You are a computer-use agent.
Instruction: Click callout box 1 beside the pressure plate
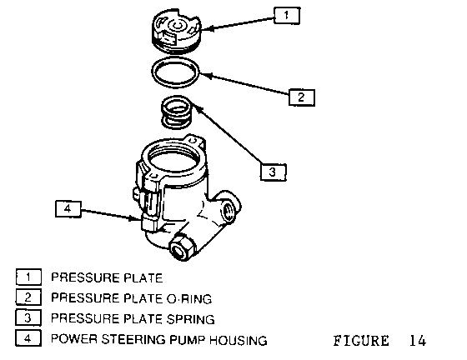point(287,16)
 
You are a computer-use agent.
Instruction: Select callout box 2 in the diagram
point(301,97)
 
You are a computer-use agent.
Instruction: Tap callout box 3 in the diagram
point(274,172)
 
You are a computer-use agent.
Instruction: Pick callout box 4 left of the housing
point(68,208)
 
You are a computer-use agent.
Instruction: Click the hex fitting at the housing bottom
point(182,247)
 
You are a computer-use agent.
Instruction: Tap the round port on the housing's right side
point(229,210)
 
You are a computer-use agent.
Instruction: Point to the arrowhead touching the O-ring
point(206,75)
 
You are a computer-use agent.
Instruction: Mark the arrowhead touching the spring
point(197,107)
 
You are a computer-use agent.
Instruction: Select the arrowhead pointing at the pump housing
point(136,218)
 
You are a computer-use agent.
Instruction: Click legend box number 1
point(28,277)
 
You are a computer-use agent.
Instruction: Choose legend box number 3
point(28,317)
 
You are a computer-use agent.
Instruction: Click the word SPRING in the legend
point(190,319)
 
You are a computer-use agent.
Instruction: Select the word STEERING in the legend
point(133,339)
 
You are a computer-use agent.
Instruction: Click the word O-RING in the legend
point(189,298)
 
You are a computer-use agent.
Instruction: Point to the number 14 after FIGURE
point(418,340)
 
